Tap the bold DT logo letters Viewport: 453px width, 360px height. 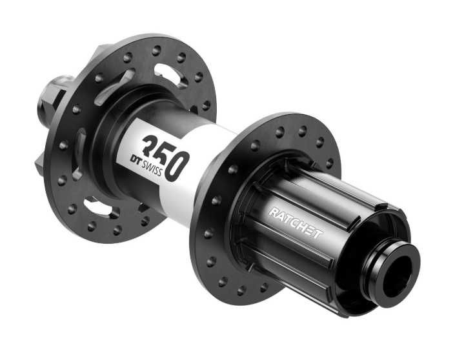(x=137, y=161)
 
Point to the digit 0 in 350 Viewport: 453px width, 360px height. (x=177, y=166)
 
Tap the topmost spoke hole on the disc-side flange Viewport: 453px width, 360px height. (x=156, y=50)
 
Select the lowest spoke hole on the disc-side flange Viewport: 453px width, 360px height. (x=117, y=230)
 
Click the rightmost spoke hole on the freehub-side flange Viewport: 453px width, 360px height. (x=329, y=163)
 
